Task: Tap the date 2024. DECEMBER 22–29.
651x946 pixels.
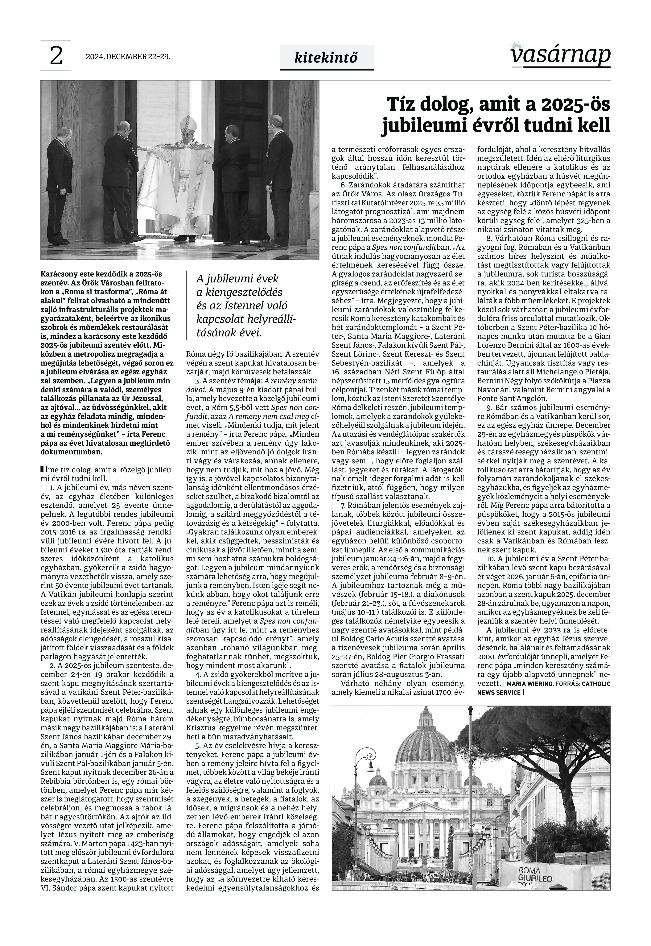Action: (128, 57)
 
